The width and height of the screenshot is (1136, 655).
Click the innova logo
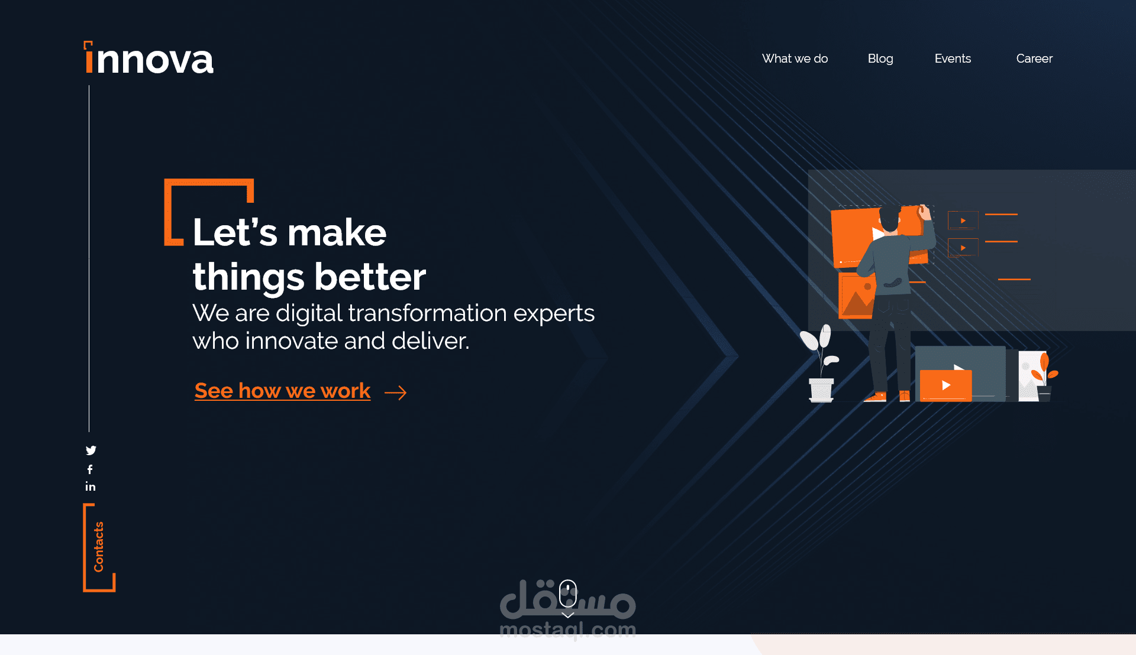pos(149,59)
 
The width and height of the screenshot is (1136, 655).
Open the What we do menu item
pos(795,59)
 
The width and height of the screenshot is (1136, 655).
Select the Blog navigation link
pos(880,59)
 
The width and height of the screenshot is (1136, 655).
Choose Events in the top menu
pos(953,59)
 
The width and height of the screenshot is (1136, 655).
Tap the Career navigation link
pos(1034,59)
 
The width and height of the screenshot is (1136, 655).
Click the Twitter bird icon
pos(91,450)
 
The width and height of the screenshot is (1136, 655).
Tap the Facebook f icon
pos(90,469)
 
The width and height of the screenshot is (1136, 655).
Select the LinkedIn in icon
pos(90,487)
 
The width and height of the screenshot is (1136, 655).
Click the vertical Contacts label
pos(98,547)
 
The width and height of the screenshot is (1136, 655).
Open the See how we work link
pos(282,391)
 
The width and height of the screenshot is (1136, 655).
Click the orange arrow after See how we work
pos(395,393)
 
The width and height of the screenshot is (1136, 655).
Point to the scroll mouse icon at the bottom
pos(568,593)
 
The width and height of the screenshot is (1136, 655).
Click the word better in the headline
pos(370,277)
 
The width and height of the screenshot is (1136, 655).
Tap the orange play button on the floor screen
pos(945,385)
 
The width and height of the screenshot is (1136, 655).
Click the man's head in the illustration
pos(889,218)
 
